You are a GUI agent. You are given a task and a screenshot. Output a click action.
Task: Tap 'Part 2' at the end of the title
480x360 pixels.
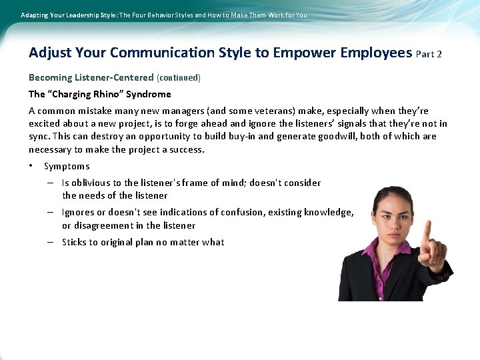(x=429, y=54)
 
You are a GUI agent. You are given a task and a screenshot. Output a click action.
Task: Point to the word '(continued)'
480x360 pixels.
(x=178, y=77)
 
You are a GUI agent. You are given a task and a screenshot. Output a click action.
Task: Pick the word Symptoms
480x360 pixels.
(x=67, y=166)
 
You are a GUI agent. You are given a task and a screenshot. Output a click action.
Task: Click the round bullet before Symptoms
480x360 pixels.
(x=31, y=166)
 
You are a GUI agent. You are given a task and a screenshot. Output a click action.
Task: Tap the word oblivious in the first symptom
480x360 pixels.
(x=89, y=183)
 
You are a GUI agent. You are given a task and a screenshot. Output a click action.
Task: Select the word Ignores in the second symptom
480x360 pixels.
(x=77, y=213)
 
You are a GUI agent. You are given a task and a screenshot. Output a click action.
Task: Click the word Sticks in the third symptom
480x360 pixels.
(x=75, y=242)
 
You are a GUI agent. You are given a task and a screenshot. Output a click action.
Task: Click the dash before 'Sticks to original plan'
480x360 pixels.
(x=51, y=242)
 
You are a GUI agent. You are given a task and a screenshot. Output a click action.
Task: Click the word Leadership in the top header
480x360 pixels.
(x=81, y=15)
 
